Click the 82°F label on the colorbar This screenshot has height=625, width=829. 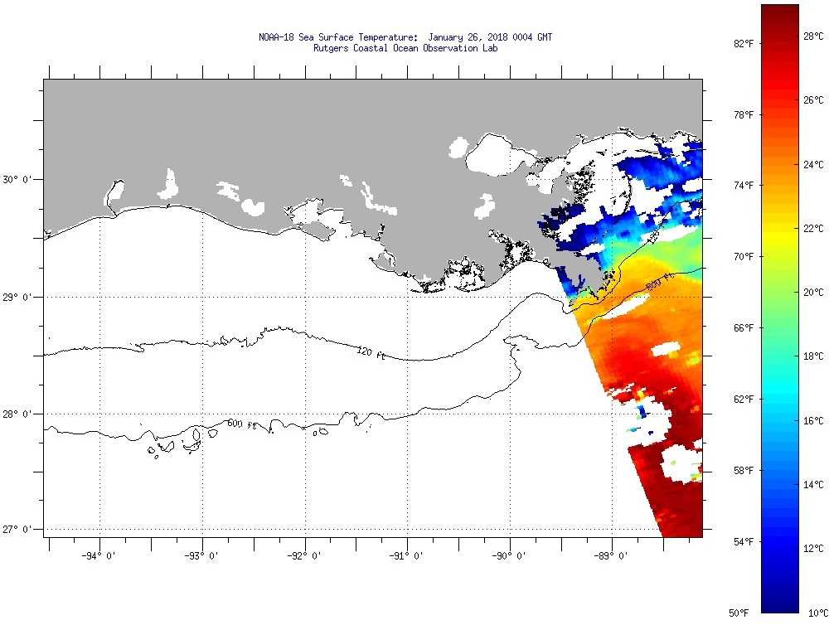pyautogui.click(x=742, y=43)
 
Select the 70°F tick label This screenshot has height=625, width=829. pyautogui.click(x=742, y=257)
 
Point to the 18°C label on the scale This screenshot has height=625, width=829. pyautogui.click(x=813, y=356)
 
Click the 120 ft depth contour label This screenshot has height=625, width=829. pyautogui.click(x=371, y=353)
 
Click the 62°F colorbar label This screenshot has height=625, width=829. pyautogui.click(x=742, y=400)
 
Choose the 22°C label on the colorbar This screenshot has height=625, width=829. pyautogui.click(x=813, y=228)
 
